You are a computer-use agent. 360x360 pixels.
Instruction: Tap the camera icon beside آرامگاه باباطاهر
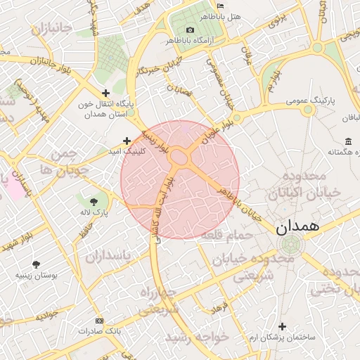click(191, 30)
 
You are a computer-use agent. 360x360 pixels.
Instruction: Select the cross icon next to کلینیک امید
click(127, 141)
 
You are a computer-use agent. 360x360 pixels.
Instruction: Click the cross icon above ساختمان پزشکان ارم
click(283, 326)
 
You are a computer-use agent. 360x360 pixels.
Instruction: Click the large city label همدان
click(297, 226)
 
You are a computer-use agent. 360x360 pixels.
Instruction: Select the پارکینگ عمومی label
click(310, 101)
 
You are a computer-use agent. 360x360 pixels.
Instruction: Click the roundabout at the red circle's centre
click(180, 158)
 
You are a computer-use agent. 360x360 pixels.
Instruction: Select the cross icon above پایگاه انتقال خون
click(105, 93)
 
